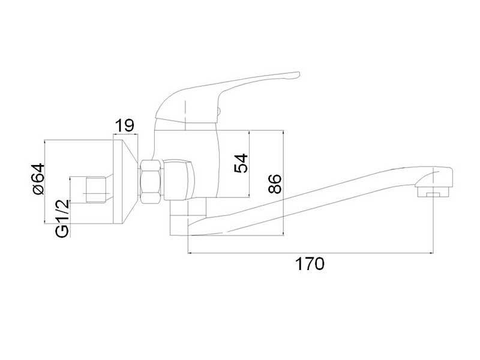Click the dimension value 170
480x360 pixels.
click(310, 264)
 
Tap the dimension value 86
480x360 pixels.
click(275, 184)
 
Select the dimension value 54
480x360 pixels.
click(241, 163)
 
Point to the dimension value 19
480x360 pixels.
click(125, 125)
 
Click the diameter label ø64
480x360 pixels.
click(38, 179)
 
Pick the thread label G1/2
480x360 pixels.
click(62, 218)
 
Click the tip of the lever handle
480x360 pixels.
click(298, 74)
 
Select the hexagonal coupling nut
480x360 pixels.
click(151, 181)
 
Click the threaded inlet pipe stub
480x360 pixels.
click(96, 190)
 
